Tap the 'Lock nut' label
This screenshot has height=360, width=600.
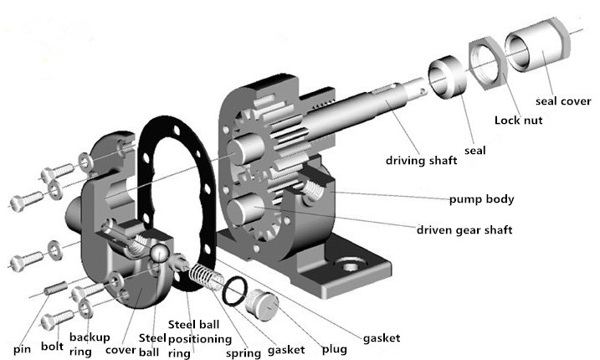[x=518, y=121]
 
